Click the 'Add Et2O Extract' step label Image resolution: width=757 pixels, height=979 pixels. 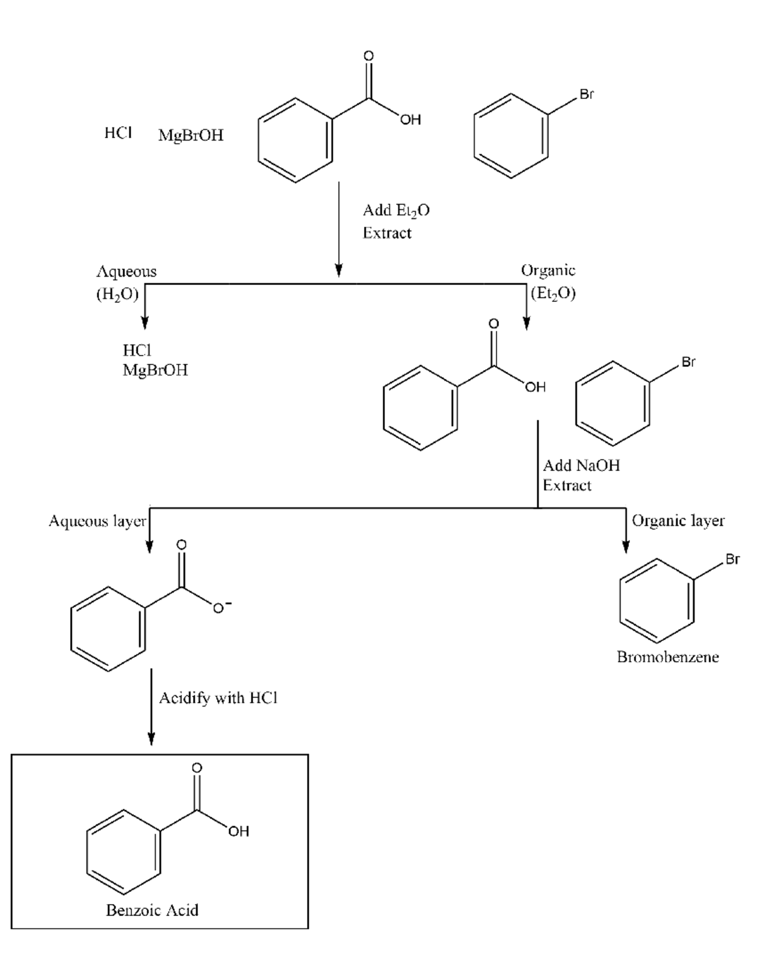coord(396,221)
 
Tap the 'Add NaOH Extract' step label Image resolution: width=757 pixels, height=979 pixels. coord(580,475)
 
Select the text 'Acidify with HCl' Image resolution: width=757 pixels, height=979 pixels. coord(218,698)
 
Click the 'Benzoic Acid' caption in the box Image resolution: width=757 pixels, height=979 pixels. coord(152,910)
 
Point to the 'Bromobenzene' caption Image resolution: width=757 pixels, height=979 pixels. coord(667,657)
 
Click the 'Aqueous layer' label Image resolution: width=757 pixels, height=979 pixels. coord(97,521)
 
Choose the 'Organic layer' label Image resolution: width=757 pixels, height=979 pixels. coord(678,521)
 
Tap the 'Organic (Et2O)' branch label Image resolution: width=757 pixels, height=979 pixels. coord(548,282)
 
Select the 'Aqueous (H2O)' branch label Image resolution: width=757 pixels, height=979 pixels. coord(126,282)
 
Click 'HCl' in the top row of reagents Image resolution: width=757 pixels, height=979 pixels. coord(118,133)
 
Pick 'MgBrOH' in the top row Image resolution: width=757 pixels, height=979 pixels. coord(191,136)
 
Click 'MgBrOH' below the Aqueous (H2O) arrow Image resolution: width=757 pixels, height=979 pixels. coord(155,370)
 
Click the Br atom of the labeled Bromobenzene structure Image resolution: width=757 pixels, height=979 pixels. coord(732,559)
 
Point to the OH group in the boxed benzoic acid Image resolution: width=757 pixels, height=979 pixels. coord(238,831)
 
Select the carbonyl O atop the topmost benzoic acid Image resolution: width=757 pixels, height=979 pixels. coord(369,56)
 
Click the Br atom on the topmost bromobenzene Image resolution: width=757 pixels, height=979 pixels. coord(587,95)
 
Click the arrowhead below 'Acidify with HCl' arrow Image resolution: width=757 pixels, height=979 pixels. coord(151,738)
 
